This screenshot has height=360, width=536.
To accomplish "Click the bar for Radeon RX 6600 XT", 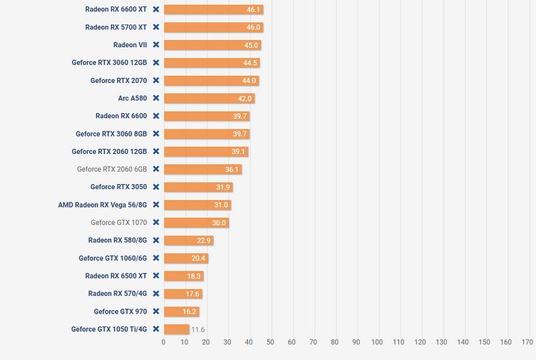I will tap(213, 10).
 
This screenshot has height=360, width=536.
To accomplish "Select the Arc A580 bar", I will tap(209, 98).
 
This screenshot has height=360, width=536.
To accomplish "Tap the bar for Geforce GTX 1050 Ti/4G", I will tap(176, 329).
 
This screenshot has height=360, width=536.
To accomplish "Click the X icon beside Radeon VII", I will tap(156, 45).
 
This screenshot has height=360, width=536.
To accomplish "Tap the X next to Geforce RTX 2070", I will tap(156, 81).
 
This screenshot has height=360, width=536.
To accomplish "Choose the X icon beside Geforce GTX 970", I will tap(156, 311).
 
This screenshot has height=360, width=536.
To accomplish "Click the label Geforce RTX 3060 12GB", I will tap(109, 63).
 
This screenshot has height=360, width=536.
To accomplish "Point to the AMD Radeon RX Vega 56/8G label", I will tap(103, 205).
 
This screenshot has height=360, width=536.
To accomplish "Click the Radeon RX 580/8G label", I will tap(117, 240).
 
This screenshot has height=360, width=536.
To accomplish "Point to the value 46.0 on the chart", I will tap(253, 27).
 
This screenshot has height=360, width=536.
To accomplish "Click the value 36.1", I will tap(232, 169).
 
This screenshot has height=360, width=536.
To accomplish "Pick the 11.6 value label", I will tap(198, 329).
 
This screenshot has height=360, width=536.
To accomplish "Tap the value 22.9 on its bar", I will tap(203, 240).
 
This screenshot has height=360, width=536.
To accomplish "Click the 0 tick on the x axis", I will tap(164, 342).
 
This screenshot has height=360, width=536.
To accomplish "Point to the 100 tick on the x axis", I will tap(377, 342).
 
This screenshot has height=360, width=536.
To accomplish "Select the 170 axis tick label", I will tap(527, 342).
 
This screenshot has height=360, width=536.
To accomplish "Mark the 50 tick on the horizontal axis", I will tap(270, 342).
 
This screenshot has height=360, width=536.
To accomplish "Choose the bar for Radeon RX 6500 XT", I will tap(183, 276).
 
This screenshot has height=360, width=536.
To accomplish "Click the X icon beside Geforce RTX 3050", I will tap(156, 187).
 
